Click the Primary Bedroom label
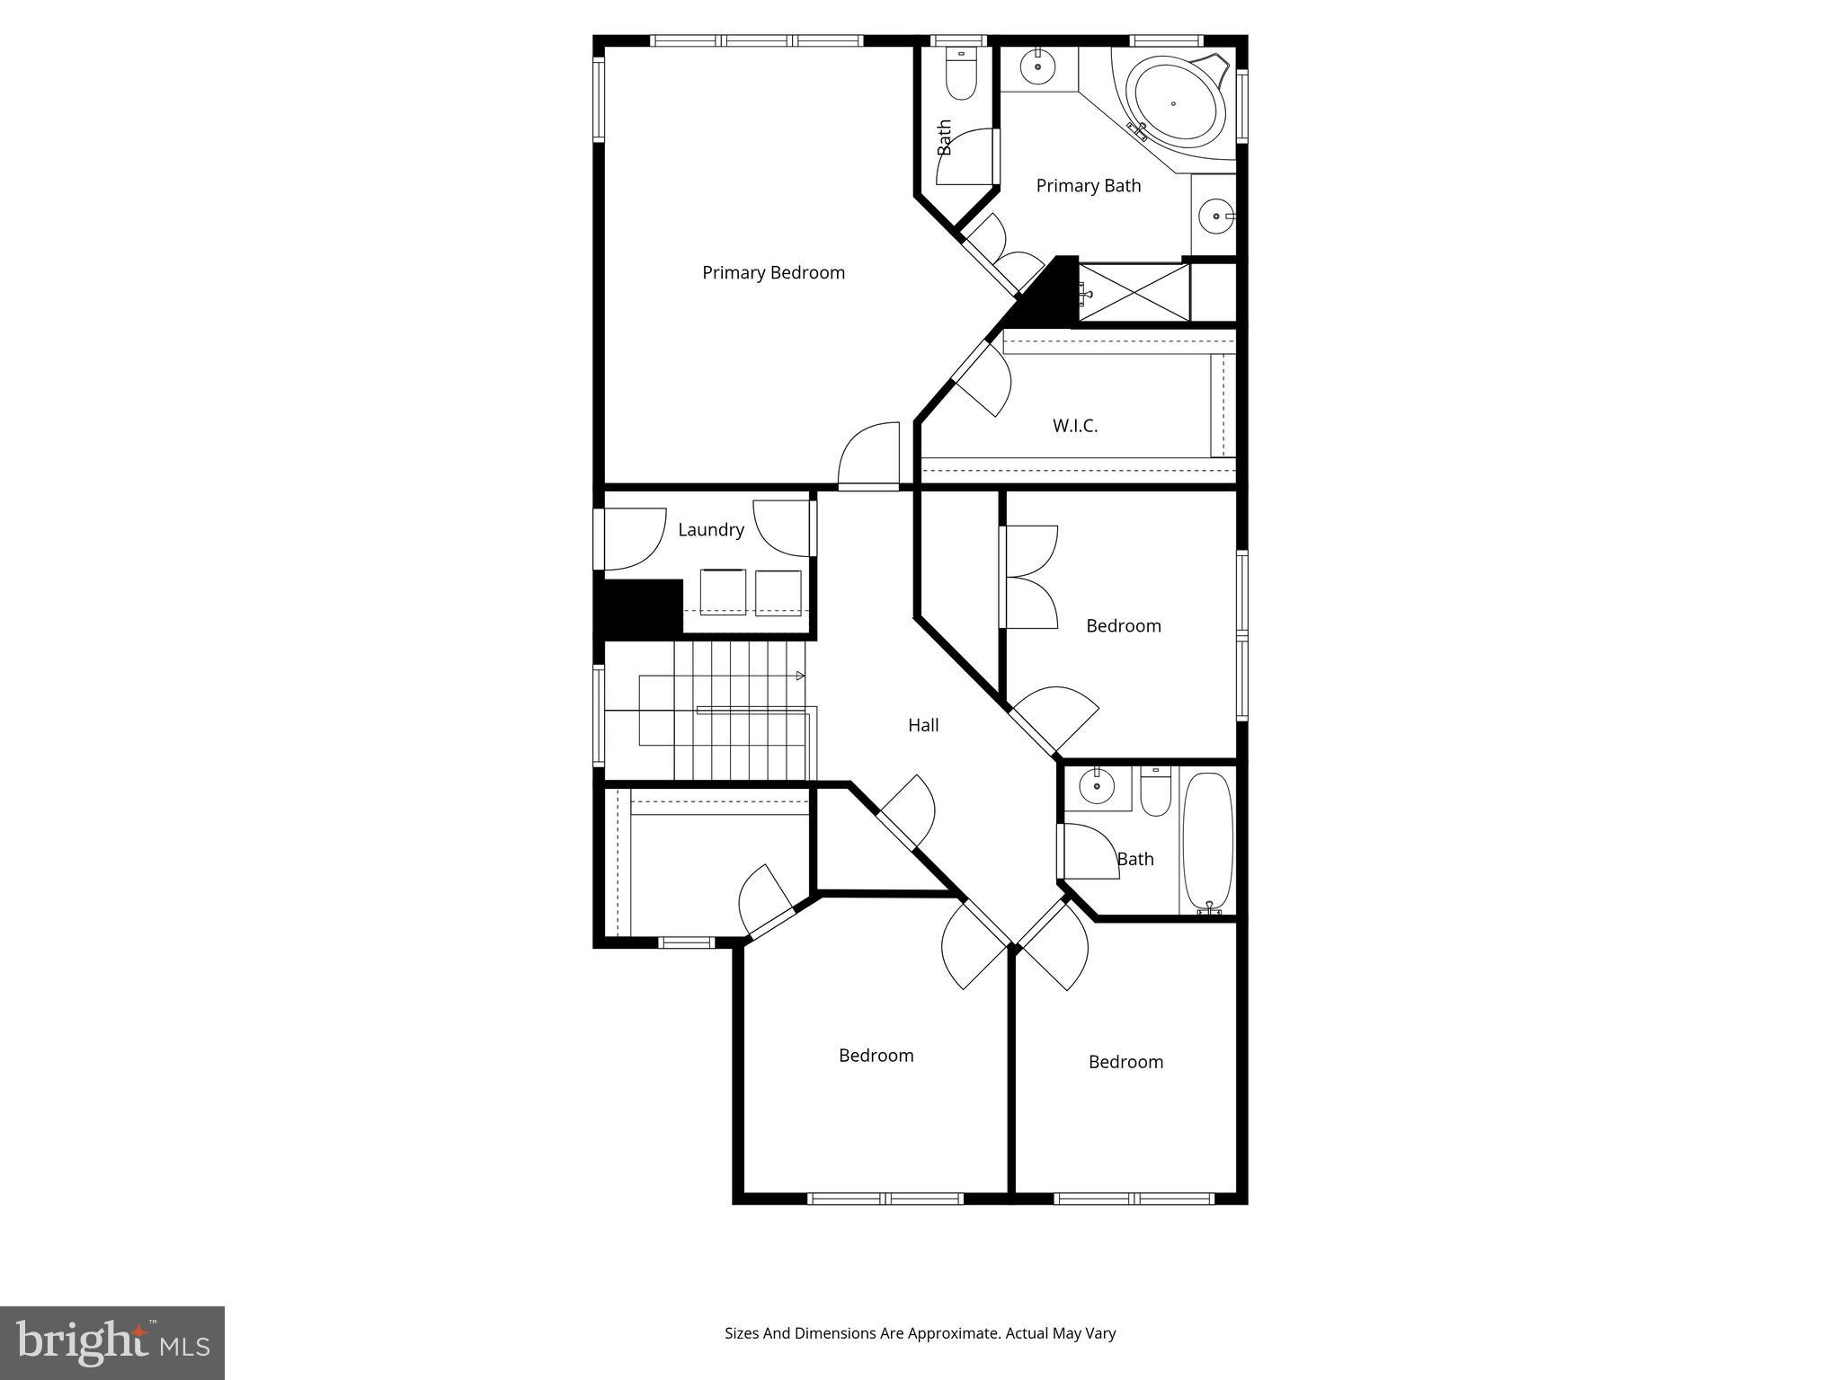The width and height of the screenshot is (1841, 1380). pos(773,272)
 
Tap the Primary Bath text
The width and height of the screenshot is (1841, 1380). pos(1088,185)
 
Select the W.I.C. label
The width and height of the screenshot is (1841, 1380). pos(1075,425)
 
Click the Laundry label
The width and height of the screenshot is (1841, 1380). pos(710,529)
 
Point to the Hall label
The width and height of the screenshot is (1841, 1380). pos(923,725)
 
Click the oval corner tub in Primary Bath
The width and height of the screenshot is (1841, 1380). pos(1179,104)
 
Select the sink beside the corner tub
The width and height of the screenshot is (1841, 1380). pos(1038,66)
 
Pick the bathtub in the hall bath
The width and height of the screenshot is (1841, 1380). pos(1206,842)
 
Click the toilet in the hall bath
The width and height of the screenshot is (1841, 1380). pos(1155,791)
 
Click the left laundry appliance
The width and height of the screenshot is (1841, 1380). pos(723,592)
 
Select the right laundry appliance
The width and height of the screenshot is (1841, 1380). pos(778,592)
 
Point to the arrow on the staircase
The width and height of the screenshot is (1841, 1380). pos(799,676)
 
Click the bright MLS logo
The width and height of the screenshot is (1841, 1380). pos(112,1342)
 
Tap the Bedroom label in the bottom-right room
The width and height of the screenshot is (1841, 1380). pos(1125,1062)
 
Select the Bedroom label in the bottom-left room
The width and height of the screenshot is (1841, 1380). pos(876,1056)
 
